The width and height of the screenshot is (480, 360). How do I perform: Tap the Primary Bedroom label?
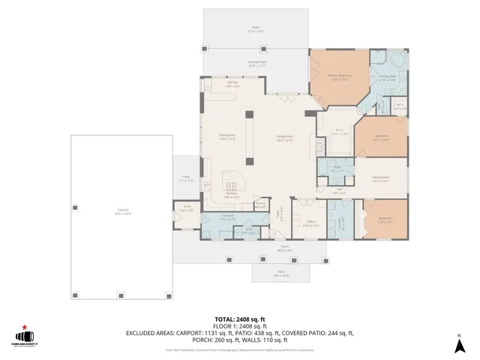(x=339, y=77)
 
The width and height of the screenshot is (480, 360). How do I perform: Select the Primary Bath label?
(x=386, y=77)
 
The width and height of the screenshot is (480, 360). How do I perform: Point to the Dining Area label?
(x=227, y=137)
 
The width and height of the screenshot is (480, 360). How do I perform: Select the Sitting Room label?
(x=381, y=178)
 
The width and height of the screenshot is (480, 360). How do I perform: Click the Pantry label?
(x=260, y=203)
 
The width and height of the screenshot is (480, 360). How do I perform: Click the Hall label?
(x=339, y=191)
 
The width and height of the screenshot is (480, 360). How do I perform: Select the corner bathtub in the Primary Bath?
(x=395, y=59)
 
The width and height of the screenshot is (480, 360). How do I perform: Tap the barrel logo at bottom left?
(x=28, y=339)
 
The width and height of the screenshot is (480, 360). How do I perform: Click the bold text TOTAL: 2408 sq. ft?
(x=239, y=319)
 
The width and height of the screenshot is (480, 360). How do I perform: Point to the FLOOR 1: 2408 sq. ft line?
(x=239, y=326)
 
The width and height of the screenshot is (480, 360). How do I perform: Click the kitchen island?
(x=232, y=180)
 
